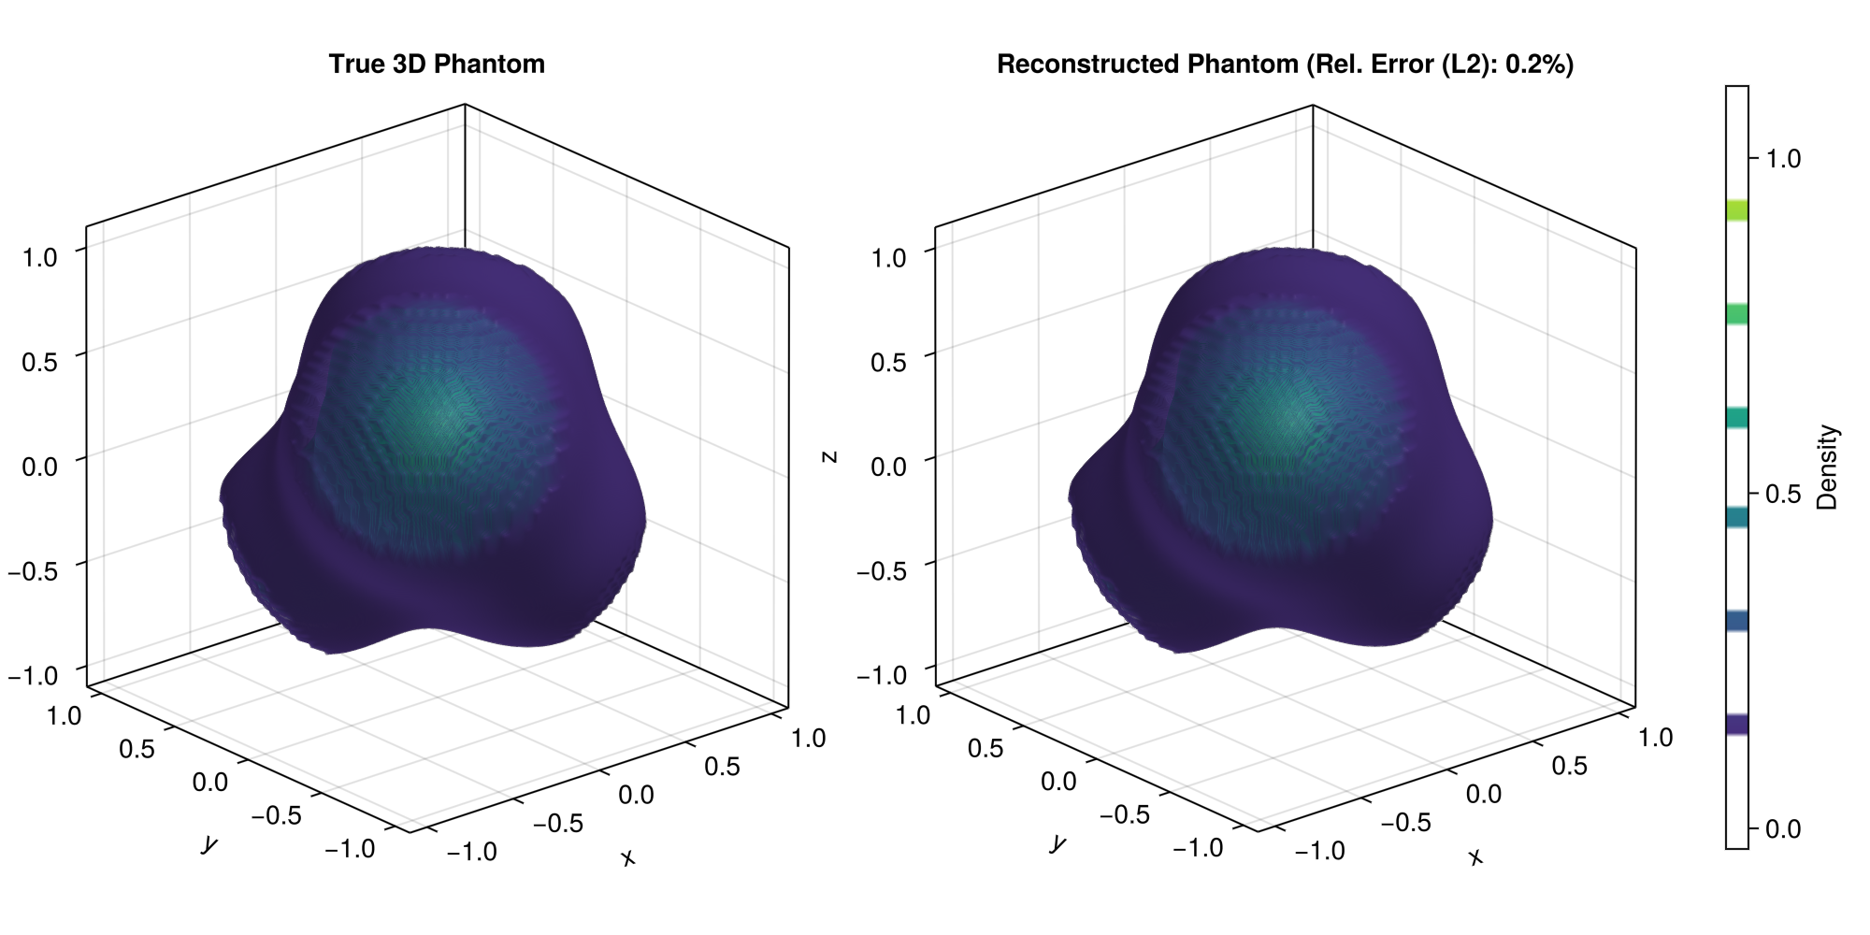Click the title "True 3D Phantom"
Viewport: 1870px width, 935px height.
pyautogui.click(x=437, y=65)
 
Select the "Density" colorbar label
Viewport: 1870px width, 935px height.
pyautogui.click(x=1827, y=467)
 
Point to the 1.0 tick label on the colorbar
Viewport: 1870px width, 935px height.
pyautogui.click(x=1782, y=159)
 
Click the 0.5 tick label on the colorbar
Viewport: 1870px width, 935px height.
pyautogui.click(x=1782, y=495)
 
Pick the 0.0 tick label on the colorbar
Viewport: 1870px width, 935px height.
pyautogui.click(x=1782, y=829)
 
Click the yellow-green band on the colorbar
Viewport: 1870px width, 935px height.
pyautogui.click(x=1737, y=209)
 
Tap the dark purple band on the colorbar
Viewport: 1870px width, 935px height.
pyautogui.click(x=1737, y=724)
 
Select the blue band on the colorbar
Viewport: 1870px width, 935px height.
pyautogui.click(x=1737, y=621)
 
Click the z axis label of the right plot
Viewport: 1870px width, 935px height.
pyautogui.click(x=828, y=457)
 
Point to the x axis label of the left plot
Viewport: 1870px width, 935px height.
pyautogui.click(x=627, y=857)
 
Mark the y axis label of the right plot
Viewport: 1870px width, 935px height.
pyautogui.click(x=1057, y=843)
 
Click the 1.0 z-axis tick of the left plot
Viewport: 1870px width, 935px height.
pyautogui.click(x=39, y=257)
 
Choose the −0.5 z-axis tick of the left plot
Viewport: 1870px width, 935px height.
pyautogui.click(x=33, y=570)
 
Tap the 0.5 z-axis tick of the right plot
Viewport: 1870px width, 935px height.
pyautogui.click(x=888, y=363)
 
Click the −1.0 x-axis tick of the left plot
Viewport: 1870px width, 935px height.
pyautogui.click(x=472, y=852)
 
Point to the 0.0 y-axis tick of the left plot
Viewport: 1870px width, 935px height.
pyautogui.click(x=209, y=782)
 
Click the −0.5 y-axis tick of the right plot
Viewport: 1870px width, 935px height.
pyautogui.click(x=1125, y=814)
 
